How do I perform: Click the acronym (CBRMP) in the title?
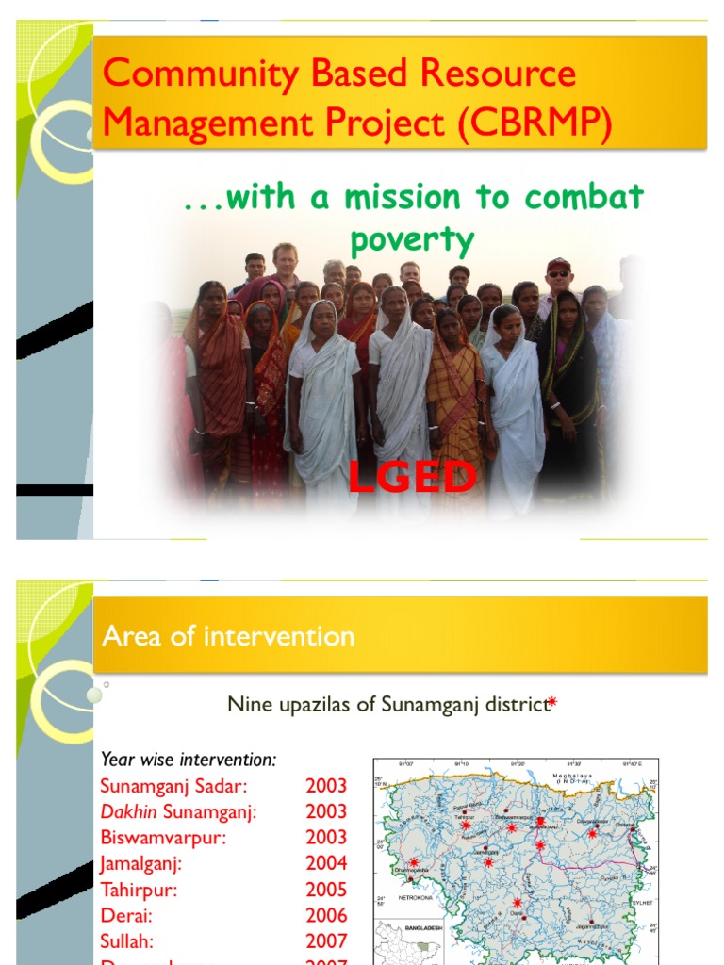coord(535,124)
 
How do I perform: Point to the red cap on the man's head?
coord(558,265)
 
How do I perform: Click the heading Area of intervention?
coord(228,637)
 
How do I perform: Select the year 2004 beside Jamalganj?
coord(326,862)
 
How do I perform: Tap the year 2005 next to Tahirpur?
coord(326,889)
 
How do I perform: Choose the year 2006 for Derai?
coord(326,915)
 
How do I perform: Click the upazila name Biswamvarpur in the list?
coord(164,837)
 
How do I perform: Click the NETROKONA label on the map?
coord(422,899)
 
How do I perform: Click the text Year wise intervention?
coord(189,759)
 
